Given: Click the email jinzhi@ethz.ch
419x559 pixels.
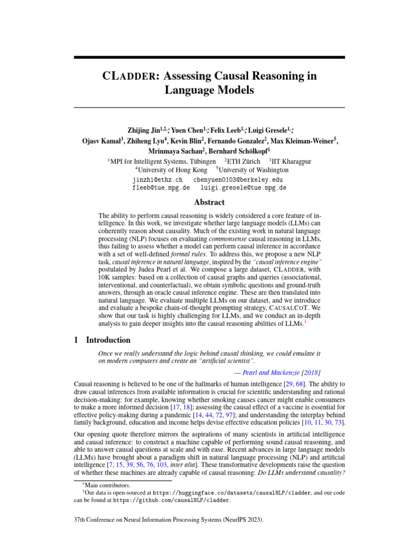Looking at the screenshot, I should (x=157, y=179).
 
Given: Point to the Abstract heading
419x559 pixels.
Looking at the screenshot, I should (x=209, y=202).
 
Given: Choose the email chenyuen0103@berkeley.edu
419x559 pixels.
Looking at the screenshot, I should (x=238, y=179).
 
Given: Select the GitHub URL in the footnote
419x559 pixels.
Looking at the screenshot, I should (x=171, y=499).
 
